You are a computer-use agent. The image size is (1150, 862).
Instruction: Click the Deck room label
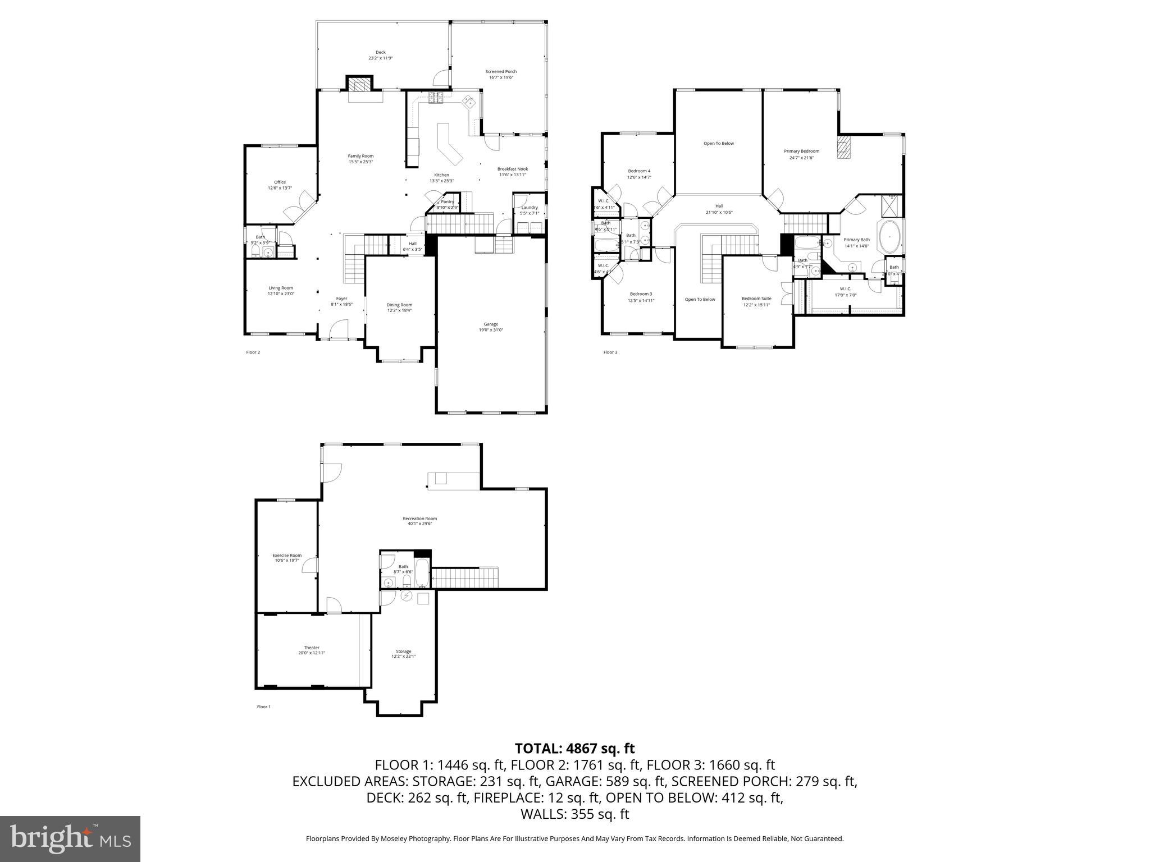point(380,52)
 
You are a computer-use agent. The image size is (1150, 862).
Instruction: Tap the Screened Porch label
point(501,71)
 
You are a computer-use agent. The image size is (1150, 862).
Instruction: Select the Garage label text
point(491,324)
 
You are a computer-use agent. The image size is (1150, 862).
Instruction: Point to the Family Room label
point(360,156)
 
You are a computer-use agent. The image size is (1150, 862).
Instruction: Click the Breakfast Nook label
point(512,169)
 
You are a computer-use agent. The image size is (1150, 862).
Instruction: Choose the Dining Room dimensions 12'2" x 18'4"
point(399,310)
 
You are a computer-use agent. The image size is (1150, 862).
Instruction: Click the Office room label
point(280,182)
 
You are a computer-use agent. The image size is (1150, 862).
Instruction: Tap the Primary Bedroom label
point(801,151)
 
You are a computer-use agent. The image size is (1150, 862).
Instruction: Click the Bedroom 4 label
point(639,171)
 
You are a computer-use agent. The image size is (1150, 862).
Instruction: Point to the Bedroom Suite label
point(756,299)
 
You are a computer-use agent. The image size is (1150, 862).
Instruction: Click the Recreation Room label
point(419,519)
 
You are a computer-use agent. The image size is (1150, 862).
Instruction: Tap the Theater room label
point(311,647)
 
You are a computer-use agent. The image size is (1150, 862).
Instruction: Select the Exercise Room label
point(287,555)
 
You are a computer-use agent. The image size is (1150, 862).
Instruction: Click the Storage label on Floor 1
point(403,651)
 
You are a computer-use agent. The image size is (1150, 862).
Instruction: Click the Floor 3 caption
point(610,352)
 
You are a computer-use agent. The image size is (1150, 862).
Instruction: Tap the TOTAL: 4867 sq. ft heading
point(574,748)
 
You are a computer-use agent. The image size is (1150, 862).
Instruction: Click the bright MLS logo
point(70,838)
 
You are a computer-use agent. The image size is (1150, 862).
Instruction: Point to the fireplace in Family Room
point(359,85)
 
